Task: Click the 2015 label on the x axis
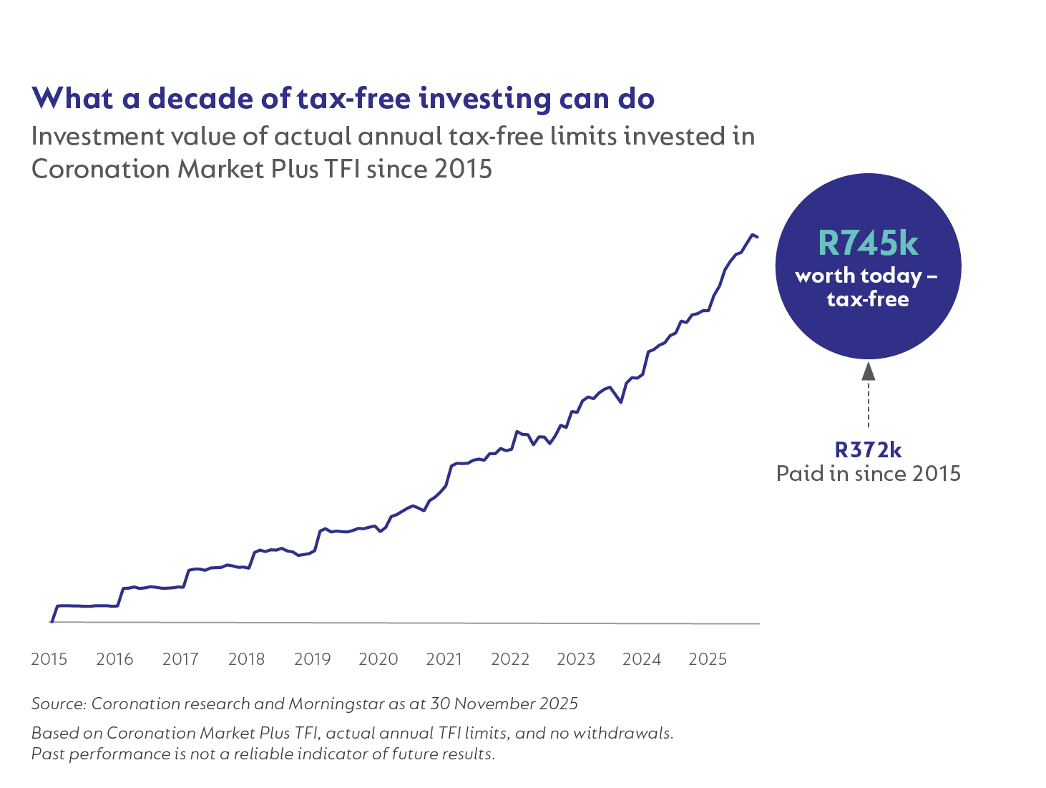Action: [x=49, y=659]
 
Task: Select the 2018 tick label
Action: [x=246, y=659]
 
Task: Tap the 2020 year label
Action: [x=378, y=659]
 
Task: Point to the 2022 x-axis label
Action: [x=509, y=659]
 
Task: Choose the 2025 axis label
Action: [x=707, y=659]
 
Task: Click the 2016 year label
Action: [x=114, y=659]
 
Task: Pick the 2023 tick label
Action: [x=575, y=659]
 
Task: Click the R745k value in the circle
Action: [x=868, y=243]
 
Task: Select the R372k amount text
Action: [x=868, y=449]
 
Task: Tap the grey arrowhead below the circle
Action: [x=868, y=371]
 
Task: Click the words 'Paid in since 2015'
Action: [x=868, y=474]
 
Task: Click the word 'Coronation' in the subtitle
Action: [x=101, y=169]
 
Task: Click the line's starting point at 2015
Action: [x=52, y=621]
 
